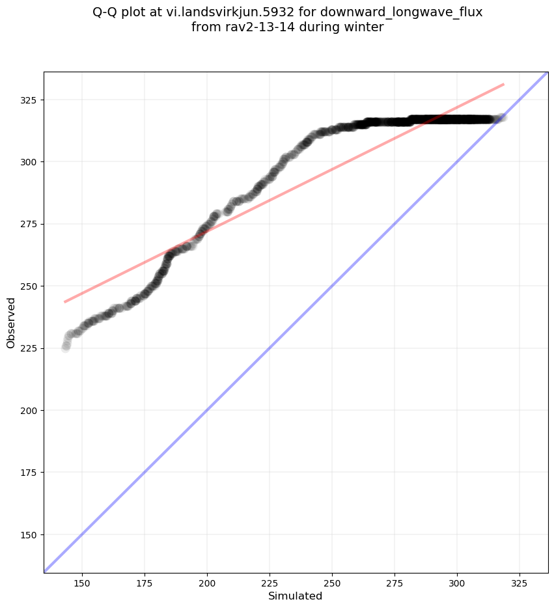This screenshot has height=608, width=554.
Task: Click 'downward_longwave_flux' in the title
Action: tap(401, 12)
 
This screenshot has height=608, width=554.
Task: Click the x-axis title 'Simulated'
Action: tap(296, 596)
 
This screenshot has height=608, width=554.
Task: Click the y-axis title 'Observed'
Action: tap(11, 322)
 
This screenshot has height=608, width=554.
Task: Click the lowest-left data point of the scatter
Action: tap(66, 348)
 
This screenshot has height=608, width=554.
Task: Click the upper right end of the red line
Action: tap(504, 84)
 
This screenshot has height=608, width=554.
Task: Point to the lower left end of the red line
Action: tap(64, 301)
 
